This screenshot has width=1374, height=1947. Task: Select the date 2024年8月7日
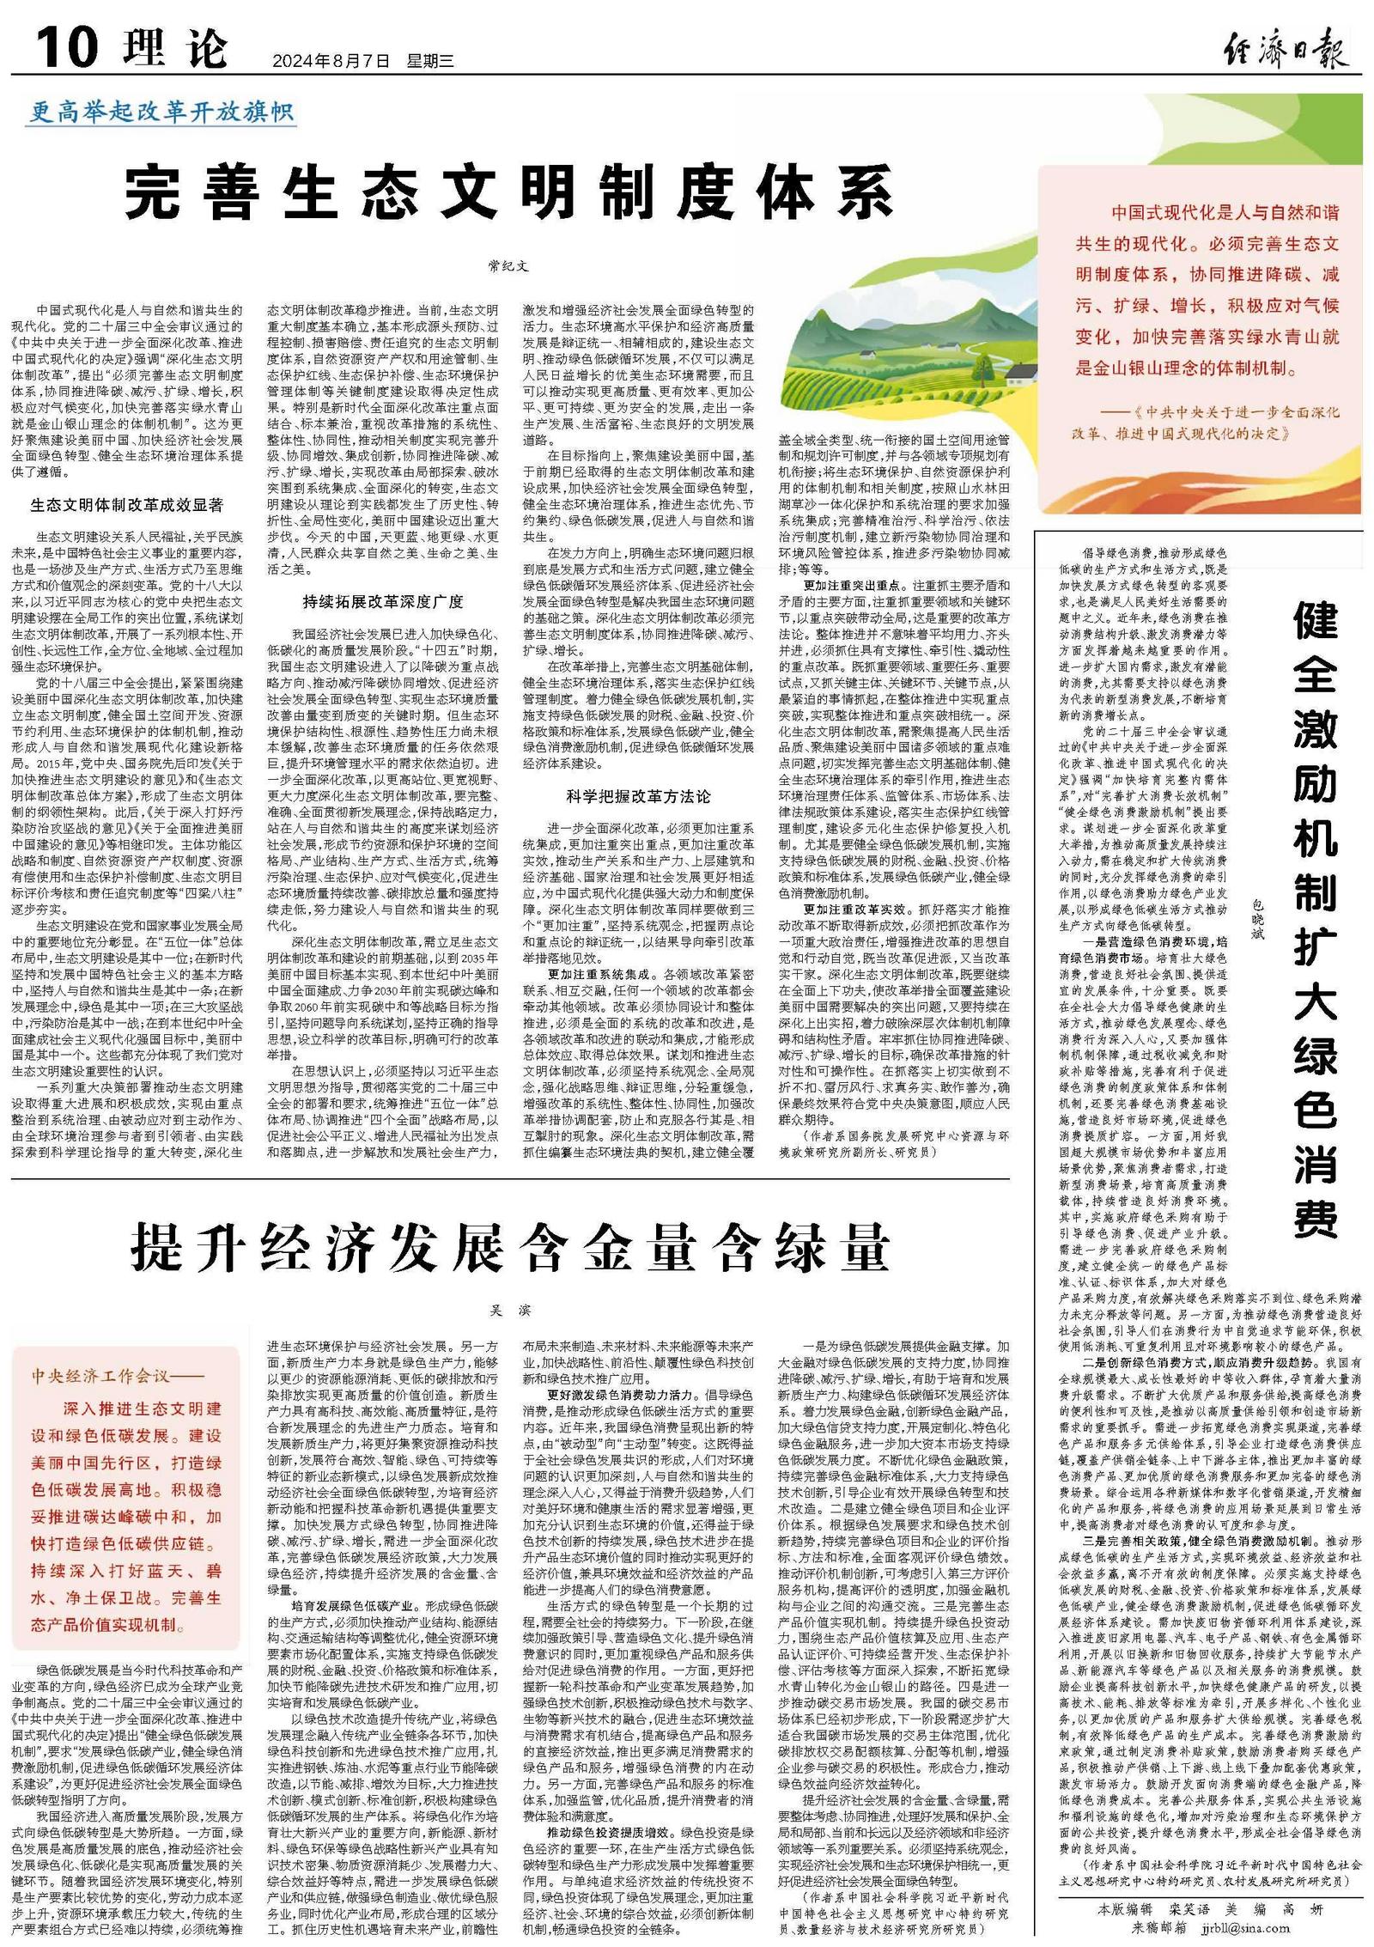(331, 61)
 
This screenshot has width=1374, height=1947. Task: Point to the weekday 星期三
(430, 61)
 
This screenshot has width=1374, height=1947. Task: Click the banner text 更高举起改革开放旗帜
(162, 113)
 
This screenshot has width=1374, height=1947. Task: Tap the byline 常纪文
(508, 266)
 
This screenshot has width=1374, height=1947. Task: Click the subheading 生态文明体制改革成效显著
(126, 505)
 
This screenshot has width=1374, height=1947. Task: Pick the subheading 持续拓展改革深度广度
(383, 601)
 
